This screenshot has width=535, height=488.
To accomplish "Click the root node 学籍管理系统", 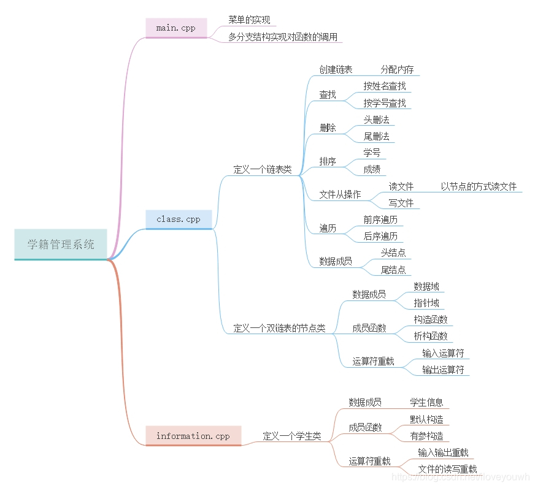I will coord(61,244).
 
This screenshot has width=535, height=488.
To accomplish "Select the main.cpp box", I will coord(176,28).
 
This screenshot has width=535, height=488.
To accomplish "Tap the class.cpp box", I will coord(179,219).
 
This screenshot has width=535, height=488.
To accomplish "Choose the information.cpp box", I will coord(193,436).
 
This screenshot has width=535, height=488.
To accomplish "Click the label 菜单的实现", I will coord(249,20).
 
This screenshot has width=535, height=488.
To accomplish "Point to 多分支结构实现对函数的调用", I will coord(283,37).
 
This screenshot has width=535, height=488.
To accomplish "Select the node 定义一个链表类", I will coord(263,170).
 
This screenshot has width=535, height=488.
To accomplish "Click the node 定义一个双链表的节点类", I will coord(279,328).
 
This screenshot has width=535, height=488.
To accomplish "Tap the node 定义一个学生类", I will coord(292,437).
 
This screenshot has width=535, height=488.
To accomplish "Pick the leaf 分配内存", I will coord(397,69).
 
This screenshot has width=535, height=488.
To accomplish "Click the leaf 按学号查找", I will coord(385,103).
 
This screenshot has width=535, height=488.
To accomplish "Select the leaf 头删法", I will coord(377,120).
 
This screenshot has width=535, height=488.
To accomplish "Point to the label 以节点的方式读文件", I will coord(479,186).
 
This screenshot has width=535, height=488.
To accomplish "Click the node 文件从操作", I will coord(340,194).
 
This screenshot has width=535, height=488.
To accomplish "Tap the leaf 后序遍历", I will coord(380,236).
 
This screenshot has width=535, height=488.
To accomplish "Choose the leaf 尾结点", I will coord(393,269).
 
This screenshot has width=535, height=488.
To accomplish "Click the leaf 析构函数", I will coord(431,336).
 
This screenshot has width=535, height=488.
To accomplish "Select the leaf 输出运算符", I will coord(443,369).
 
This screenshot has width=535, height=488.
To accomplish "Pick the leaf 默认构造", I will coord(426,419).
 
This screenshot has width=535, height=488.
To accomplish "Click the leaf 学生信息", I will coord(426,402).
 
